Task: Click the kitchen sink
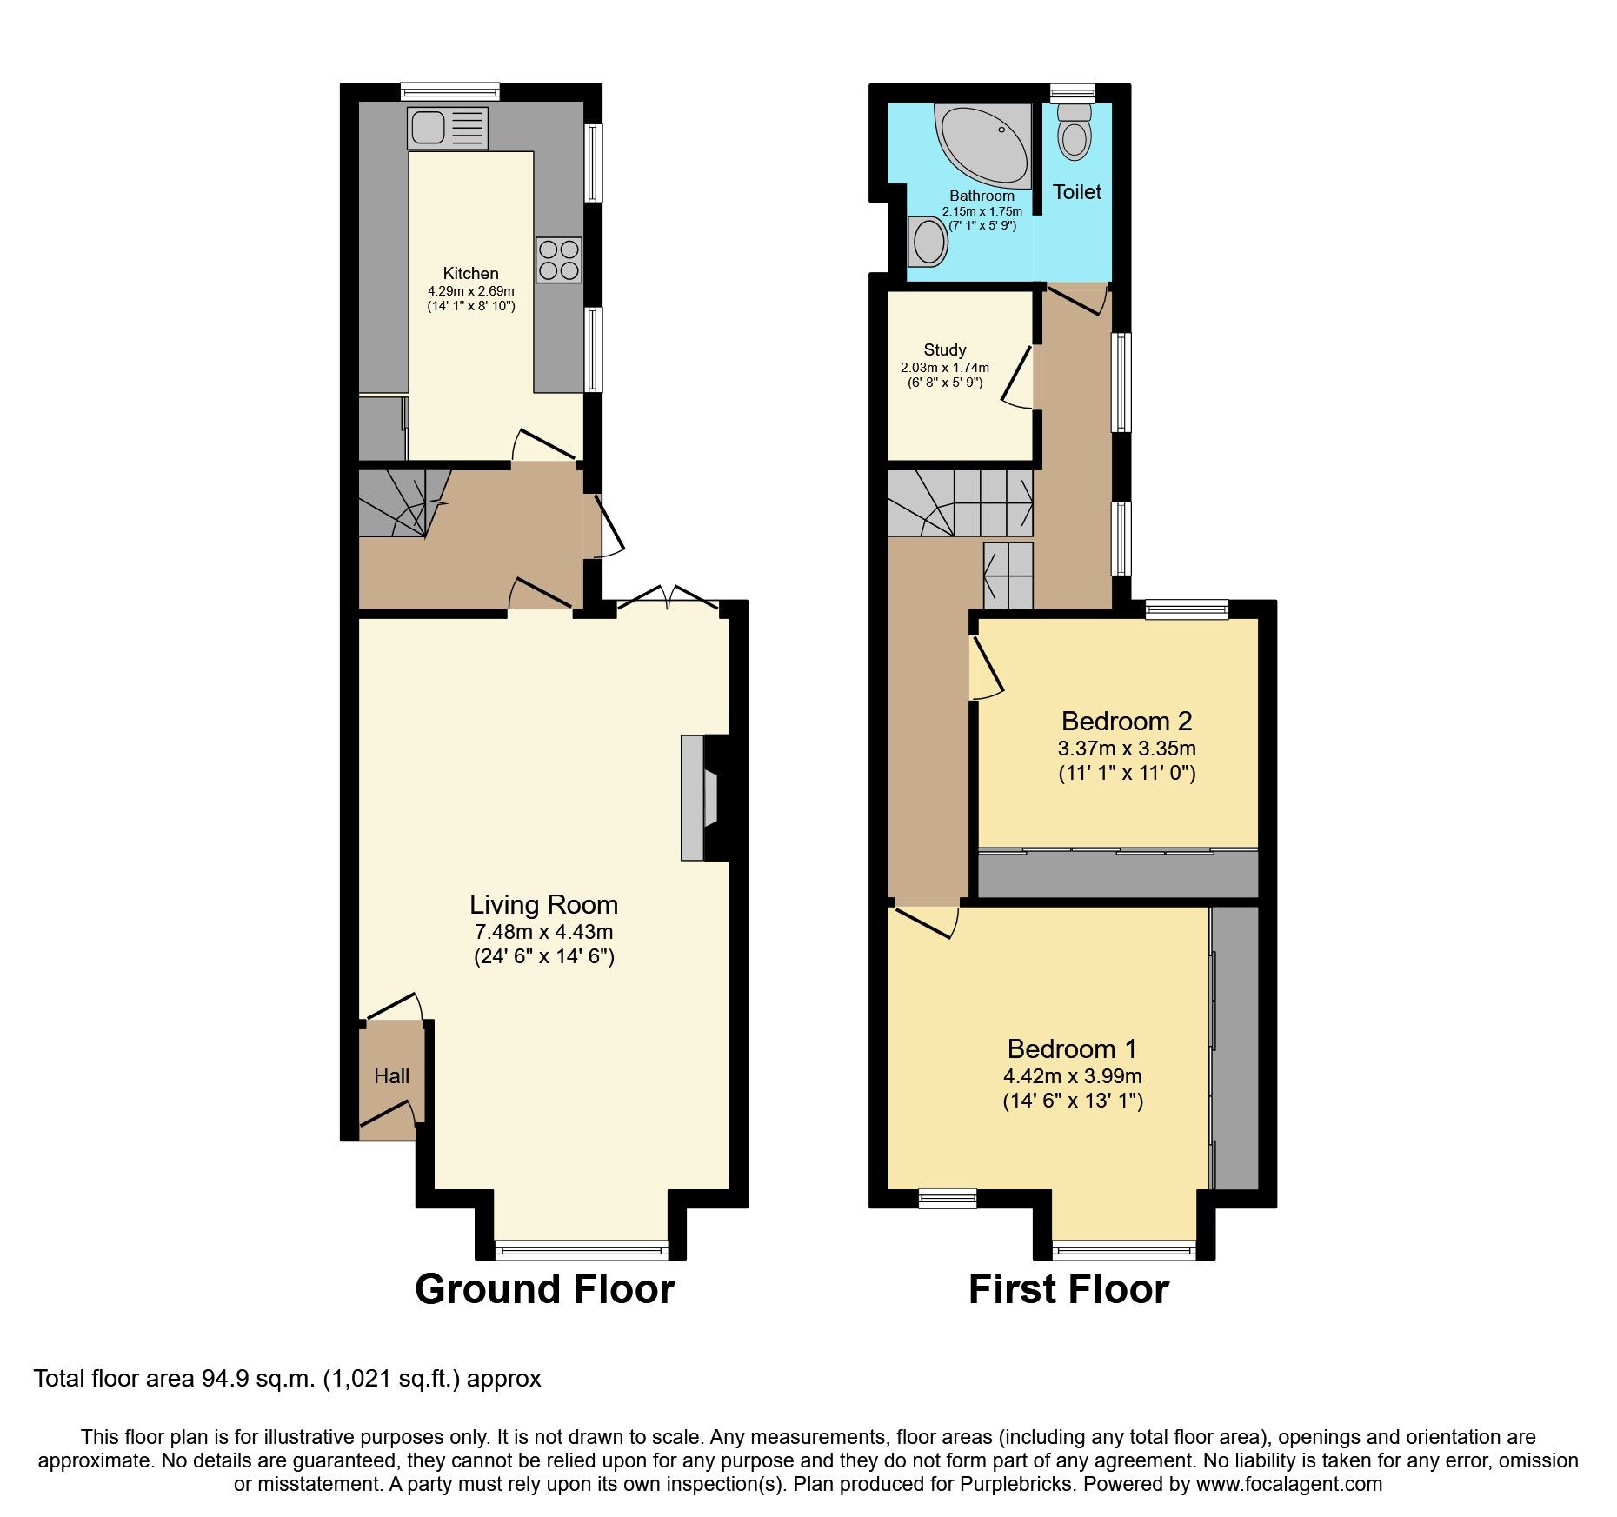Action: [447, 129]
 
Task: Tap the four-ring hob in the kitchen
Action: [559, 260]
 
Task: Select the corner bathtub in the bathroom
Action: [982, 146]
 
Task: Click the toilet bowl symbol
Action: [1075, 131]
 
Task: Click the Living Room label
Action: [544, 905]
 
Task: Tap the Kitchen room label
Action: [471, 273]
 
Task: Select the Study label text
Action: [945, 349]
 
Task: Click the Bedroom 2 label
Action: [1127, 721]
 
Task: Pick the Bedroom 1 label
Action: [1072, 1048]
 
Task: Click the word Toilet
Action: [1077, 192]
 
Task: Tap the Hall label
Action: [391, 1076]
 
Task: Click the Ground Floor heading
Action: [545, 1288]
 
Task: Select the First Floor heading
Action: [1068, 1288]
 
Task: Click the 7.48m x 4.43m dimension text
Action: [544, 932]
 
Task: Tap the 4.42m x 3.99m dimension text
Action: [1073, 1075]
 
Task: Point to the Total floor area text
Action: [288, 1379]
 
